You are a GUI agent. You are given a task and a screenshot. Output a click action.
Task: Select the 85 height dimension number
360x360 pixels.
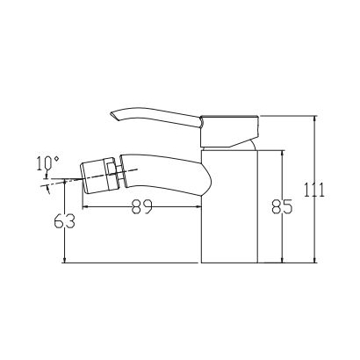coord(283,207)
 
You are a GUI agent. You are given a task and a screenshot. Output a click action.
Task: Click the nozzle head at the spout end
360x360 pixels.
coord(98,173)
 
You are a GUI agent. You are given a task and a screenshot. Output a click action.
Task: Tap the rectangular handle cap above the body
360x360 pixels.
coord(230,126)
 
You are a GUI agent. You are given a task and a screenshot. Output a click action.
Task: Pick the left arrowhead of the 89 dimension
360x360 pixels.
coord(85,208)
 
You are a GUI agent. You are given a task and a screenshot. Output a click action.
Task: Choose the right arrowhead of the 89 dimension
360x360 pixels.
coord(199,208)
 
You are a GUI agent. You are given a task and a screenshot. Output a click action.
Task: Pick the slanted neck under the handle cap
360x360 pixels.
coord(234,143)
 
